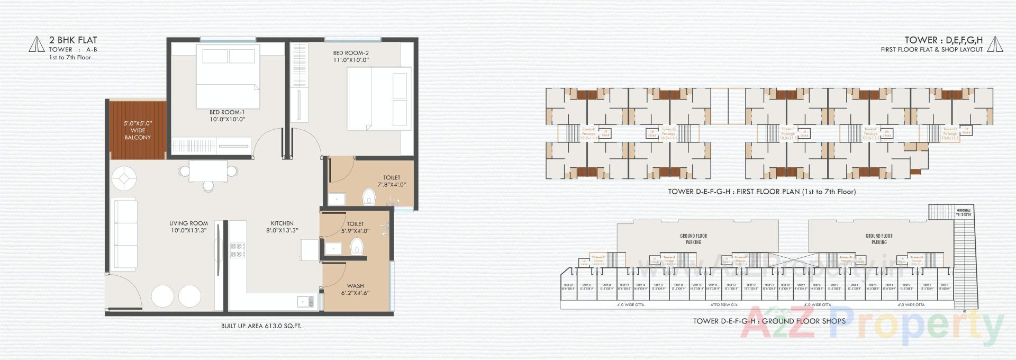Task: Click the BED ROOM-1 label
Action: [x=227, y=115]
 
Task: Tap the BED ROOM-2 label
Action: [x=350, y=56]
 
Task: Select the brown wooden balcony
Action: [x=138, y=130]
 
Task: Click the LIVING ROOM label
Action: [x=188, y=227]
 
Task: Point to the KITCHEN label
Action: [x=282, y=227]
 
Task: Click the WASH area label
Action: [x=355, y=289]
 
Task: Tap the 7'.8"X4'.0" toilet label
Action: [x=392, y=181]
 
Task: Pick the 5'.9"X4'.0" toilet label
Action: [x=355, y=228]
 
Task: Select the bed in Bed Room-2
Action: [x=379, y=98]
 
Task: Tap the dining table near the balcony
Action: [x=208, y=171]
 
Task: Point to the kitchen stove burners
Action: [x=237, y=250]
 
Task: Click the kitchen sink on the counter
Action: [x=304, y=302]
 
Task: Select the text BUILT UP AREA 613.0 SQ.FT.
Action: [x=261, y=326]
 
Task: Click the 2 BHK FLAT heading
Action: [x=73, y=40]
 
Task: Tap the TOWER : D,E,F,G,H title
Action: [x=943, y=40]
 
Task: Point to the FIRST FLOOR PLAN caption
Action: [x=761, y=192]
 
